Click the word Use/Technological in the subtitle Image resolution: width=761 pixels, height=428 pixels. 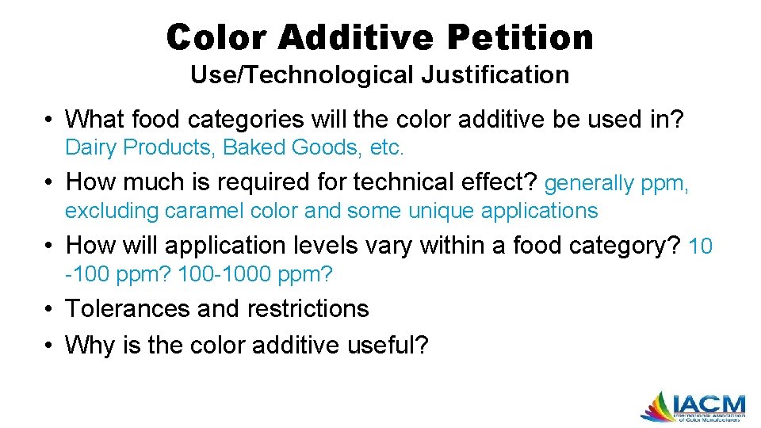coord(302,75)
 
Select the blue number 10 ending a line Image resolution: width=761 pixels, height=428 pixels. coord(702,246)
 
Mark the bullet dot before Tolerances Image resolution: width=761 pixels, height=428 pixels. coord(50,308)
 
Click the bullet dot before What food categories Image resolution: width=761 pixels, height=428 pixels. coord(50,120)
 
